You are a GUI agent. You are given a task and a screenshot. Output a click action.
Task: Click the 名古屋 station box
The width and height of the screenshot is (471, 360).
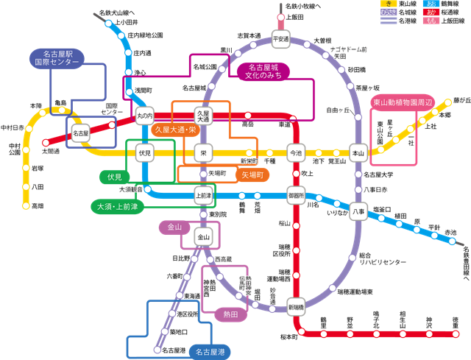click(x=80, y=134)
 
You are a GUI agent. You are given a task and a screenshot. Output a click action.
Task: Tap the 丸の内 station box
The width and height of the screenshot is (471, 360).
click(x=144, y=115)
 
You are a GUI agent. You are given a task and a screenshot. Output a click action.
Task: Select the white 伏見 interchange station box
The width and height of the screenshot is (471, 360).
click(x=144, y=154)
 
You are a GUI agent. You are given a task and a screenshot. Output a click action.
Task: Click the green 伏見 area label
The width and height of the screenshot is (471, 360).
click(x=114, y=177)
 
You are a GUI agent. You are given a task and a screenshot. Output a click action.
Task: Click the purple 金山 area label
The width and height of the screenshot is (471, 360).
click(x=174, y=227)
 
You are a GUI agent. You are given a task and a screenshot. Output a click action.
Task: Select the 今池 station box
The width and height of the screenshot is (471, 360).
click(x=296, y=154)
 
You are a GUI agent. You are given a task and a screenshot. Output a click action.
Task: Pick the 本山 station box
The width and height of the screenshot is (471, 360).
click(x=358, y=154)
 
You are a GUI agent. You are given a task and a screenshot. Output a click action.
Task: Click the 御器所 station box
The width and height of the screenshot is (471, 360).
click(x=296, y=196)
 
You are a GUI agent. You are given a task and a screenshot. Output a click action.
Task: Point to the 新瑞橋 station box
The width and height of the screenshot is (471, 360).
click(x=296, y=306)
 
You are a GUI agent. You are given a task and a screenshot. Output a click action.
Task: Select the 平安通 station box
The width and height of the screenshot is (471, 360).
click(x=280, y=38)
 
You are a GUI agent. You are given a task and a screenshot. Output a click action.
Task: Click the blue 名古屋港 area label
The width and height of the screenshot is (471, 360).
click(x=210, y=352)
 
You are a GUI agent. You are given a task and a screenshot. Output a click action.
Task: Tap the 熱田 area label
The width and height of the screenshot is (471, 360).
click(x=230, y=314)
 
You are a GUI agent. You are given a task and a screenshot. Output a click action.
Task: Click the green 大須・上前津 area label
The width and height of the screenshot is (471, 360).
click(x=118, y=205)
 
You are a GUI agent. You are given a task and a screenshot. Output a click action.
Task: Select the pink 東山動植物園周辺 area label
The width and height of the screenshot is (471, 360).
click(x=403, y=102)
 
